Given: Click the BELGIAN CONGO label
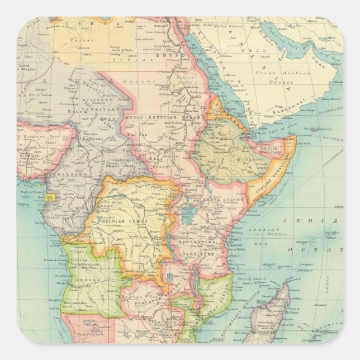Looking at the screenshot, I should tap(124, 222).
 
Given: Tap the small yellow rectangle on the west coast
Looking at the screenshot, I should tap(52, 197).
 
